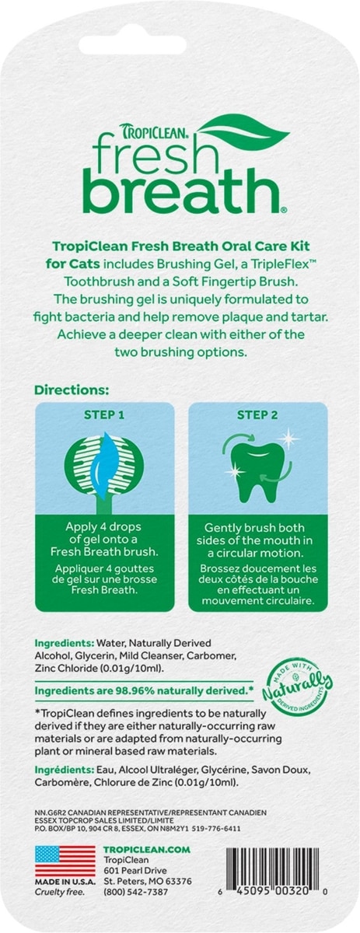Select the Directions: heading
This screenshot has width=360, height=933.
[72, 390]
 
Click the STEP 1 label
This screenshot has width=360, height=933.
[104, 415]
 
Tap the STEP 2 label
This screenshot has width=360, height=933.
[257, 415]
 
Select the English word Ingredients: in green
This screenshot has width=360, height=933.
[65, 644]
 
